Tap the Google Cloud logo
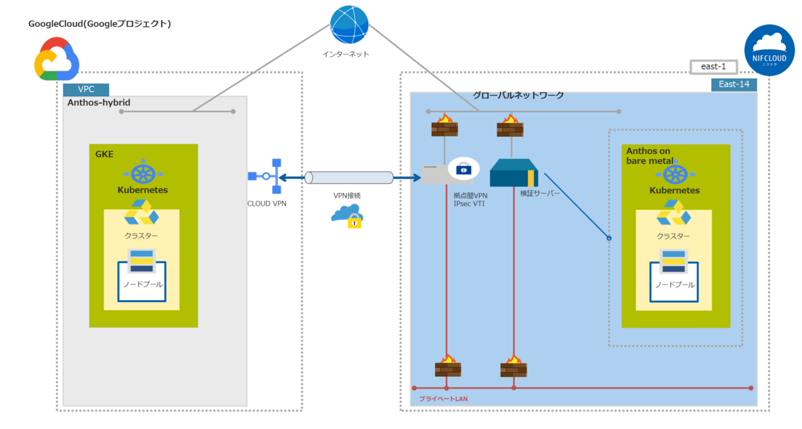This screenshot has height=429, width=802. click(x=57, y=59)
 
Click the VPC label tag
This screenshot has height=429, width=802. click(x=86, y=90)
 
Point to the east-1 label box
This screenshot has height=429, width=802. click(x=713, y=67)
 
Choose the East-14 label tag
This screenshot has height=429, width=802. click(x=733, y=84)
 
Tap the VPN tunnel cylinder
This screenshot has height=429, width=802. click(x=348, y=178)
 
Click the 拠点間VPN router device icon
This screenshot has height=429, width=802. click(x=447, y=173)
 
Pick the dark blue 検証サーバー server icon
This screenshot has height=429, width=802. click(x=513, y=174)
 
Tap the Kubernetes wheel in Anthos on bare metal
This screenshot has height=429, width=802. click(x=675, y=174)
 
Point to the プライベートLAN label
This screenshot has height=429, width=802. click(x=442, y=398)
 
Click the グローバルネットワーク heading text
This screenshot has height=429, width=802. click(x=518, y=96)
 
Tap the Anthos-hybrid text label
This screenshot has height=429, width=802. click(x=99, y=103)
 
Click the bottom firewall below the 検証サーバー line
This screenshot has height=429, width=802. click(x=513, y=367)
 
